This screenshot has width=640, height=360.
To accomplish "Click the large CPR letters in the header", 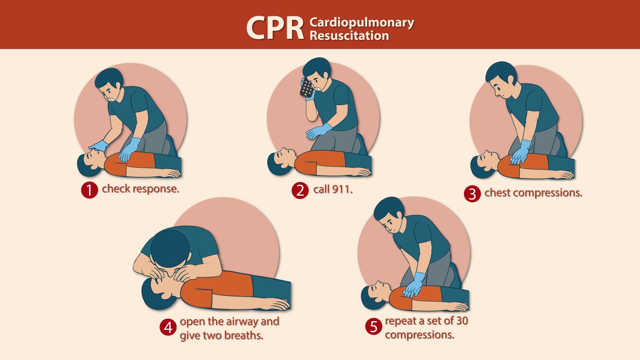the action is [275, 28].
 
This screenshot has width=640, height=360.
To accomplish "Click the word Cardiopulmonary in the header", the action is [362, 23].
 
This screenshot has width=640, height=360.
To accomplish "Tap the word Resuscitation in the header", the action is [349, 35].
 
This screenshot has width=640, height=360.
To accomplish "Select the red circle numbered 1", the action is [89, 190].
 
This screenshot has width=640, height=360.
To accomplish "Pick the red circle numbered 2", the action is [300, 190].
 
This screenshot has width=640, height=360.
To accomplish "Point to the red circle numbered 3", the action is [472, 194].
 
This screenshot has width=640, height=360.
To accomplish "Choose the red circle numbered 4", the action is [168, 327].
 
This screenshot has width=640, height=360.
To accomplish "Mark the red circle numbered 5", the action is [374, 326].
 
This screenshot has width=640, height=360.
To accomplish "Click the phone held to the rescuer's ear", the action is [306, 88].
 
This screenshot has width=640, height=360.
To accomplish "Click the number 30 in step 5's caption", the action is [462, 321].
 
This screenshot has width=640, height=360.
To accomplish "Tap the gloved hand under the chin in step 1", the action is [99, 146].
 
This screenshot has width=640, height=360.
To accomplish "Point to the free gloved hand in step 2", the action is [319, 131].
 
